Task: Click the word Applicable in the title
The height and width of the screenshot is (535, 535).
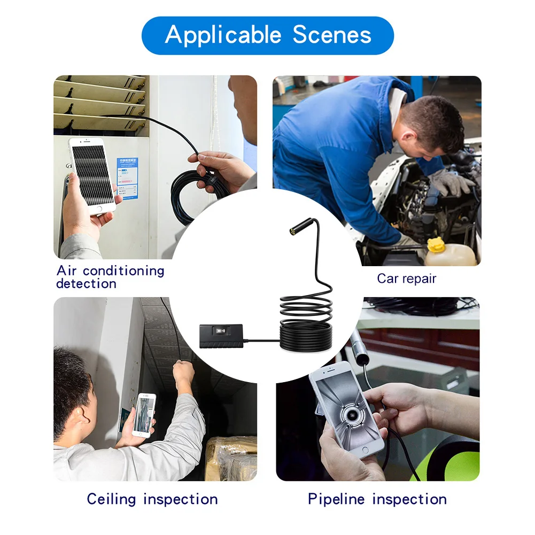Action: tap(224, 35)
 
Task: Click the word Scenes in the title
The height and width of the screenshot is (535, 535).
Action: tap(332, 35)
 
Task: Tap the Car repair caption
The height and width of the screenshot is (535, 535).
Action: tap(406, 278)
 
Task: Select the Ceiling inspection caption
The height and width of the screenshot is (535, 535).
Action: tap(152, 499)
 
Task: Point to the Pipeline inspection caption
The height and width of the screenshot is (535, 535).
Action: tap(377, 499)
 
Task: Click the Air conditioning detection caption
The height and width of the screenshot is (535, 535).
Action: tap(110, 277)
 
